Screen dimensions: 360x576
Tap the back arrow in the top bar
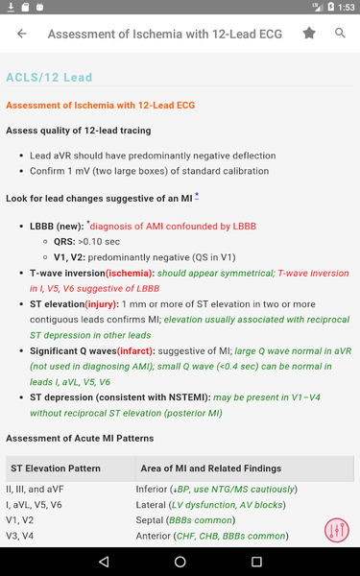pos(22,34)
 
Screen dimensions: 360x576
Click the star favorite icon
pos(309,34)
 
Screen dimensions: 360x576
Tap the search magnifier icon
pos(340,34)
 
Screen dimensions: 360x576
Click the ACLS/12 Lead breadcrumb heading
pos(49,77)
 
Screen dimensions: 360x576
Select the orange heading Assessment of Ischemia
pos(101,105)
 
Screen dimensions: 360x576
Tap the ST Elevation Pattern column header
pos(61,468)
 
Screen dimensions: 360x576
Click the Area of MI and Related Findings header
pos(208,468)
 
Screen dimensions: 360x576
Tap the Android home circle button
pos(180,561)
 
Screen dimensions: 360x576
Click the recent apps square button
pos(256,561)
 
